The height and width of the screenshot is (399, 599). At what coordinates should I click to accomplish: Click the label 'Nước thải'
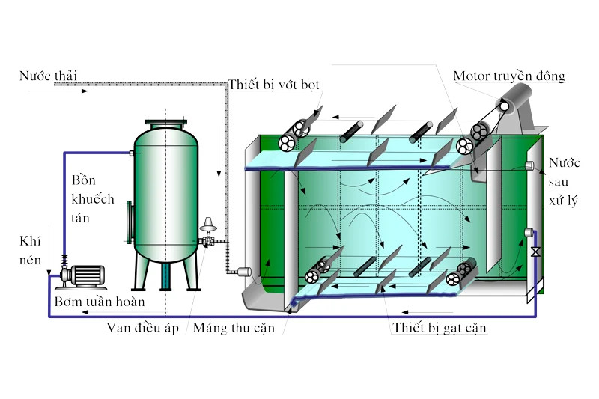49,76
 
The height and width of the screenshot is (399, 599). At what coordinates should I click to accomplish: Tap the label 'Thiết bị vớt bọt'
275,85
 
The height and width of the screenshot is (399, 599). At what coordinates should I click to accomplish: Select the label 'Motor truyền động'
508,76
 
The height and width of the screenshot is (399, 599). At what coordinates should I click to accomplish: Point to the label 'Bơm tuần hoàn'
99,302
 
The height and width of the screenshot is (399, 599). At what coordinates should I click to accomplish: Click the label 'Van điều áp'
142,328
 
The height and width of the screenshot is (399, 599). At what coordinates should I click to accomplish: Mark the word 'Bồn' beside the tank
85,181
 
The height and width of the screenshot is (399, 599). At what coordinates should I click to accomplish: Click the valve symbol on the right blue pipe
535,252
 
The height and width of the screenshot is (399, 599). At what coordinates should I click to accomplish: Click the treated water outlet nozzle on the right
529,165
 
